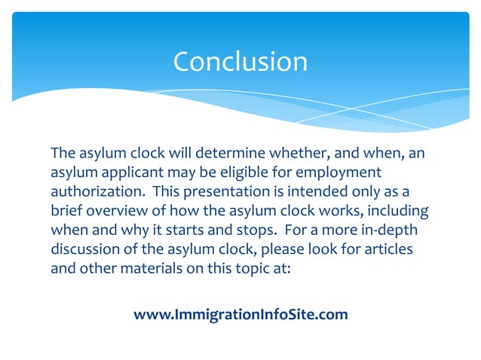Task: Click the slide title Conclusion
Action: (240, 61)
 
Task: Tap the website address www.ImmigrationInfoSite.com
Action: (240, 314)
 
